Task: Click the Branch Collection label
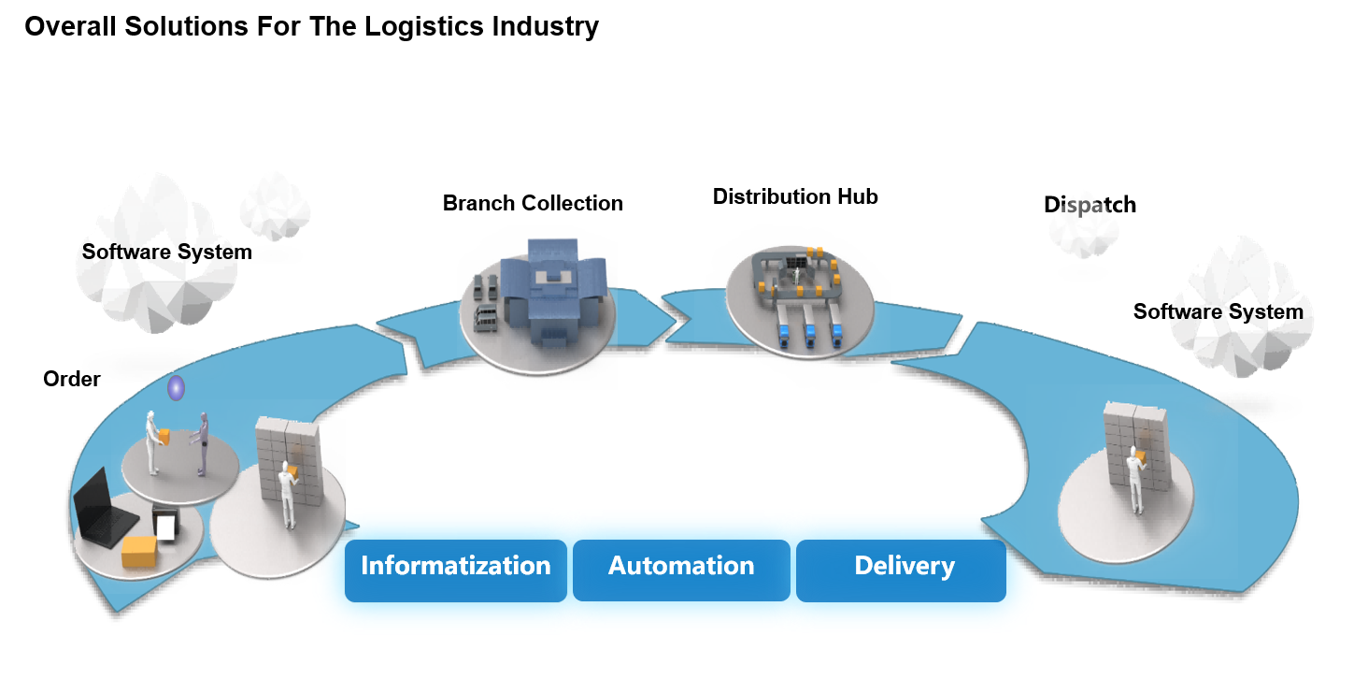pyautogui.click(x=533, y=203)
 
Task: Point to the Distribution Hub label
pyautogui.click(x=795, y=196)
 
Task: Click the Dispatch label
pyautogui.click(x=1090, y=205)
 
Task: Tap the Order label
pyautogui.click(x=72, y=379)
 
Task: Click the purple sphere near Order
pyautogui.click(x=176, y=388)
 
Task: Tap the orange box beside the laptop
pyautogui.click(x=141, y=551)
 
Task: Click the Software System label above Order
pyautogui.click(x=166, y=252)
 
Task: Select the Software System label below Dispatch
pyautogui.click(x=1218, y=311)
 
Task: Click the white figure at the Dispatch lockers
pyautogui.click(x=1135, y=479)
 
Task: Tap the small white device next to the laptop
pyautogui.click(x=165, y=527)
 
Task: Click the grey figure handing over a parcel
pyautogui.click(x=203, y=444)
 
